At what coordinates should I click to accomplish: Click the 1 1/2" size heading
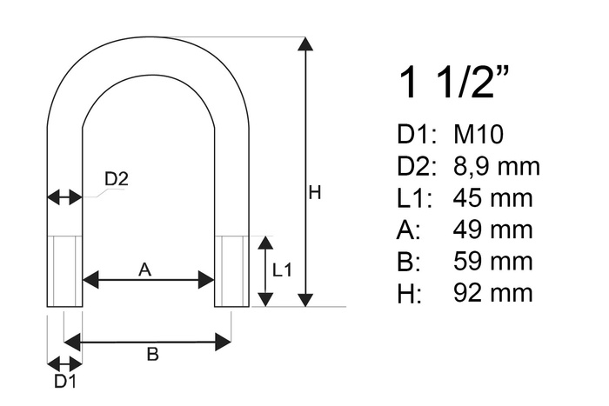pyautogui.click(x=453, y=83)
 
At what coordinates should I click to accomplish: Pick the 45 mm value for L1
pyautogui.click(x=492, y=198)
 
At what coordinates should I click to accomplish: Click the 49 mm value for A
pyautogui.click(x=492, y=230)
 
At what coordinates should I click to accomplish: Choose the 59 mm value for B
pyautogui.click(x=492, y=261)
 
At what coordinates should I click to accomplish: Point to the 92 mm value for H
pyautogui.click(x=492, y=292)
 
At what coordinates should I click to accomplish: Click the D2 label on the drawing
pyautogui.click(x=117, y=180)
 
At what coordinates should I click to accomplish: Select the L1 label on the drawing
pyautogui.click(x=282, y=270)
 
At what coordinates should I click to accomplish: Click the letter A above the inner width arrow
pyautogui.click(x=145, y=270)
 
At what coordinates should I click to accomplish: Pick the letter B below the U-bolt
pyautogui.click(x=151, y=354)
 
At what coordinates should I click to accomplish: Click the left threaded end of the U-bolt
pyautogui.click(x=64, y=270)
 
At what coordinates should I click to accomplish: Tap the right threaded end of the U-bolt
pyautogui.click(x=232, y=270)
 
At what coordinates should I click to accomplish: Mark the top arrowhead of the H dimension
pyautogui.click(x=304, y=45)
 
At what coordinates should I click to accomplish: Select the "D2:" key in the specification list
pyautogui.click(x=415, y=166)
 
